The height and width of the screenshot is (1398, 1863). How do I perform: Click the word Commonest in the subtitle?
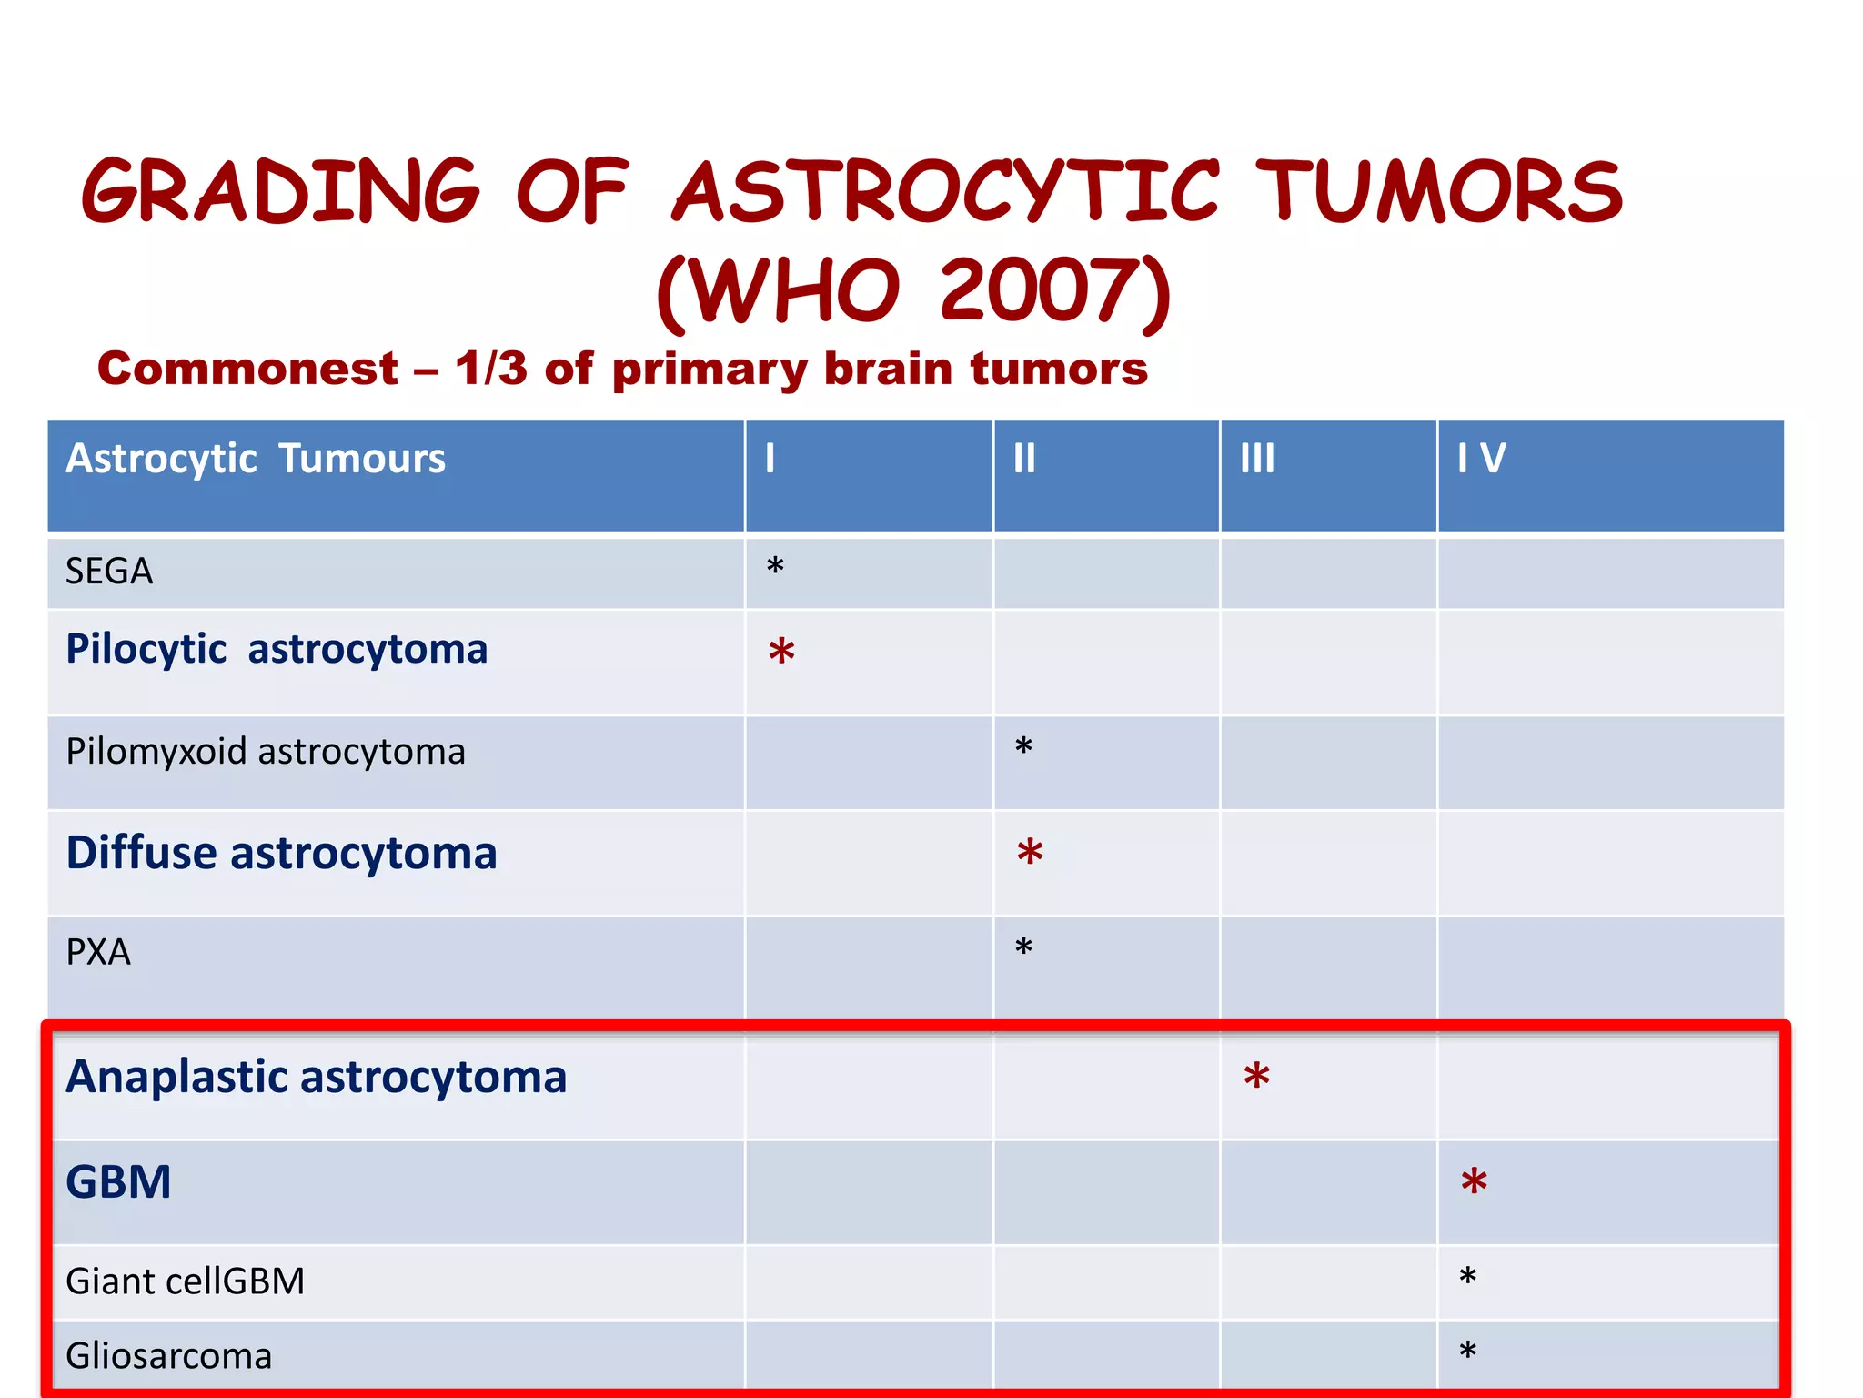247,369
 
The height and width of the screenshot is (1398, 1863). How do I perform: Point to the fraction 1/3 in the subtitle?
491,369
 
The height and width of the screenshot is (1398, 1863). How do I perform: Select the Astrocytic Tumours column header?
256,458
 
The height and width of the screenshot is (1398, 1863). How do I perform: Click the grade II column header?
1024,458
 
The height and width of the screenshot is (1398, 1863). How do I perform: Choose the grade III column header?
1257,458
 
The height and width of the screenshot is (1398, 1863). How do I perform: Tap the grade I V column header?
1481,458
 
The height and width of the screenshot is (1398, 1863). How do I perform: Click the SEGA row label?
109,572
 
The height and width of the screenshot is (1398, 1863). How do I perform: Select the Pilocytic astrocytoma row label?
277,649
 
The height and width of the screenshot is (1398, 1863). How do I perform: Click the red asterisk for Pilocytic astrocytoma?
781,653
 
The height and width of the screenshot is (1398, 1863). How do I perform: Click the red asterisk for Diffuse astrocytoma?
1030,854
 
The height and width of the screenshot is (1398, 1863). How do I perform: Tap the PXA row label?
98,952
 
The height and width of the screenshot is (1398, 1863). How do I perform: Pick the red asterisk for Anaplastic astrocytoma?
1256,1078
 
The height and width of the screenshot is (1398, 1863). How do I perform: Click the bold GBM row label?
118,1182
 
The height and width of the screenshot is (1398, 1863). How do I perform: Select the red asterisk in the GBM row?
1474,1183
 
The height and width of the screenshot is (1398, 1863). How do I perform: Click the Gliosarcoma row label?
169,1356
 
